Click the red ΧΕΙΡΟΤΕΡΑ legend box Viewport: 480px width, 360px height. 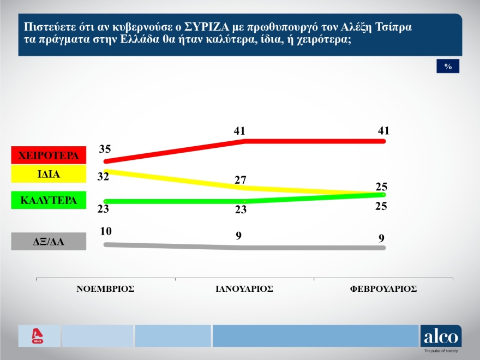tap(49, 155)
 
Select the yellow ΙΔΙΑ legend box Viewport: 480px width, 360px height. tap(49, 175)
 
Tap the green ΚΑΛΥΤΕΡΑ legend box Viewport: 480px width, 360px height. tap(49, 200)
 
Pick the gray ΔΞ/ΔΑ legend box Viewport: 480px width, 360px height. tap(49, 241)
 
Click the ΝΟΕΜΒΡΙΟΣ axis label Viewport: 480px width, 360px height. tap(105, 289)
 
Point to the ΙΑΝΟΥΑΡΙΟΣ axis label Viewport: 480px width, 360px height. tap(244, 289)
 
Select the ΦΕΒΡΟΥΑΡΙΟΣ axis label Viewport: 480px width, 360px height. tap(383, 289)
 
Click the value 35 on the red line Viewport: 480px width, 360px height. tap(106, 148)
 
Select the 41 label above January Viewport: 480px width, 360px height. tap(239, 131)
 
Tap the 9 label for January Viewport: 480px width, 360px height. tap(238, 236)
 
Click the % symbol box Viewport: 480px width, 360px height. tap(448, 66)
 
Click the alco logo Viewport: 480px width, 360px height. tap(441, 337)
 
